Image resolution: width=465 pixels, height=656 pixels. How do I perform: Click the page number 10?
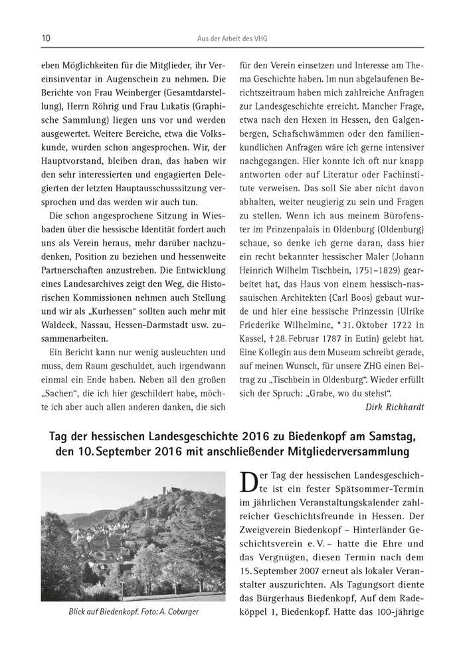[45, 39]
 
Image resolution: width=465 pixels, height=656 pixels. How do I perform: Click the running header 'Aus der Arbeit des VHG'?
[232, 39]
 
